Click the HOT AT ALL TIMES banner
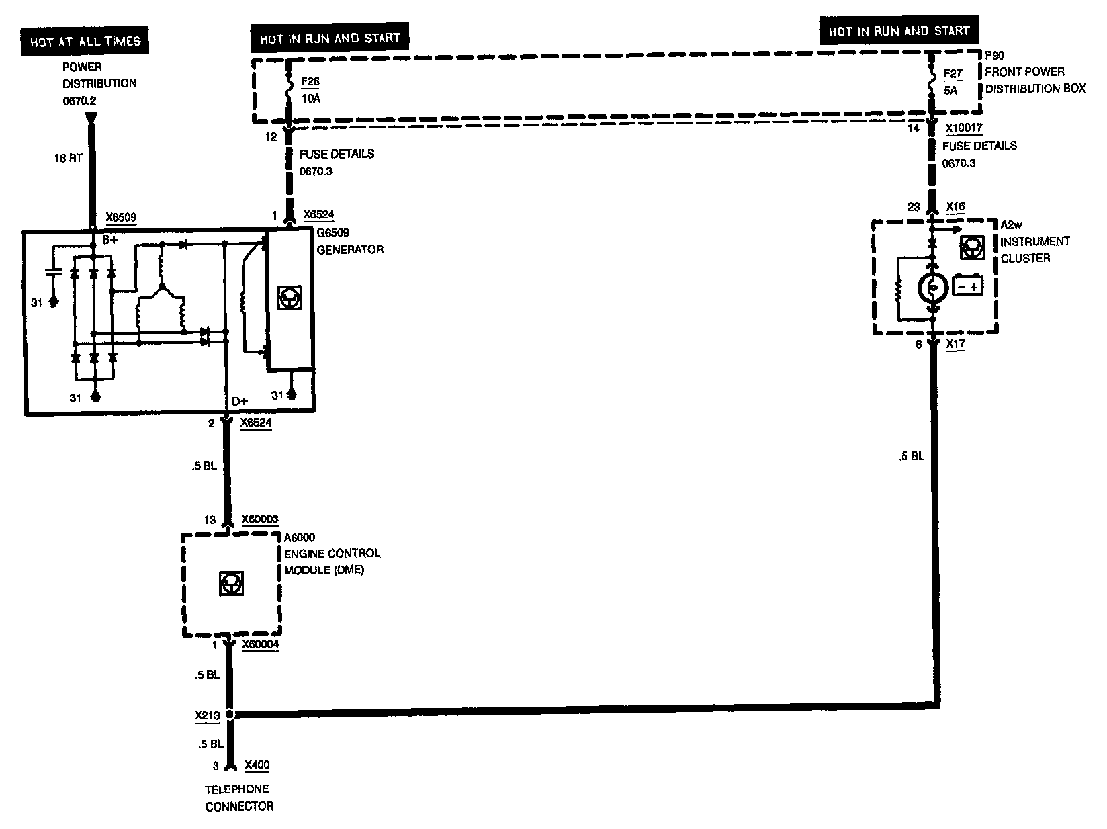[x=85, y=42]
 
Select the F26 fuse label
[x=310, y=82]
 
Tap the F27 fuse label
[x=953, y=73]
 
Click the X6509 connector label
[x=121, y=218]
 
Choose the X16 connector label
[x=956, y=206]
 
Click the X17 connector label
[x=956, y=344]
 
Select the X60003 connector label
[x=259, y=519]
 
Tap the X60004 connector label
[x=259, y=644]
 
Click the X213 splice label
[x=208, y=715]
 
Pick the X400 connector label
[x=257, y=765]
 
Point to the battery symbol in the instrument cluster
[x=968, y=286]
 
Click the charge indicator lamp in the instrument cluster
[x=932, y=288]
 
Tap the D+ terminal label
[x=240, y=402]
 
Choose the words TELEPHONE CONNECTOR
[x=238, y=797]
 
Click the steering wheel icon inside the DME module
[x=231, y=584]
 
